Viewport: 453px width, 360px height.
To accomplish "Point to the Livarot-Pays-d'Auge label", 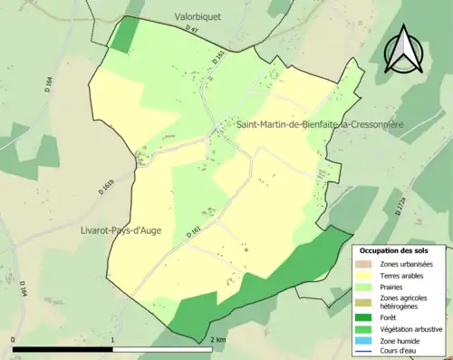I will [x=120, y=230].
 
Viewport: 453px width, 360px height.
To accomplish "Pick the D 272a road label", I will [x=400, y=211].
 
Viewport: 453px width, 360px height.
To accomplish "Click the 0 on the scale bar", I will [x=14, y=340].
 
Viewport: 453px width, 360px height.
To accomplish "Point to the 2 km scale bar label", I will [x=217, y=340].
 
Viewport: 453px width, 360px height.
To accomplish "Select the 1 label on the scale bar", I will [x=112, y=340].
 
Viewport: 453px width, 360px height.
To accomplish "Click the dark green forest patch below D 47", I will [x=124, y=34].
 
